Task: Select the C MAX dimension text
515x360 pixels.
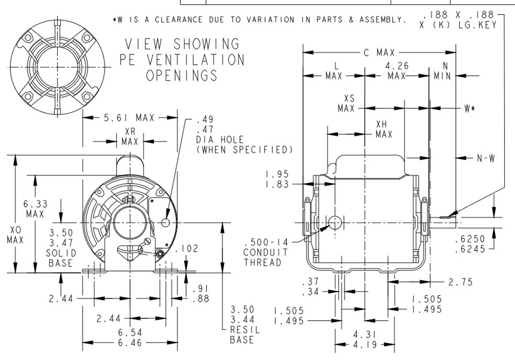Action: (379, 52)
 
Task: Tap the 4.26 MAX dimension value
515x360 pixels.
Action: (396, 70)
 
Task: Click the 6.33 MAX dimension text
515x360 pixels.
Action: (35, 209)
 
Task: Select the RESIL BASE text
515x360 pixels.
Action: (242, 335)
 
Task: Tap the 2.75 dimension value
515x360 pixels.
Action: (460, 282)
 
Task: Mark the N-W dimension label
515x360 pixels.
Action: (486, 158)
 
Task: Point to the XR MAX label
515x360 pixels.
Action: (130, 137)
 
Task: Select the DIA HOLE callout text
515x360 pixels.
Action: (220, 140)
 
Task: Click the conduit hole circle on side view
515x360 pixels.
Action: (335, 221)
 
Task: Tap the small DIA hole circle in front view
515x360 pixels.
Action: (166, 222)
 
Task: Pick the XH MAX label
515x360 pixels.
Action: (384, 129)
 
